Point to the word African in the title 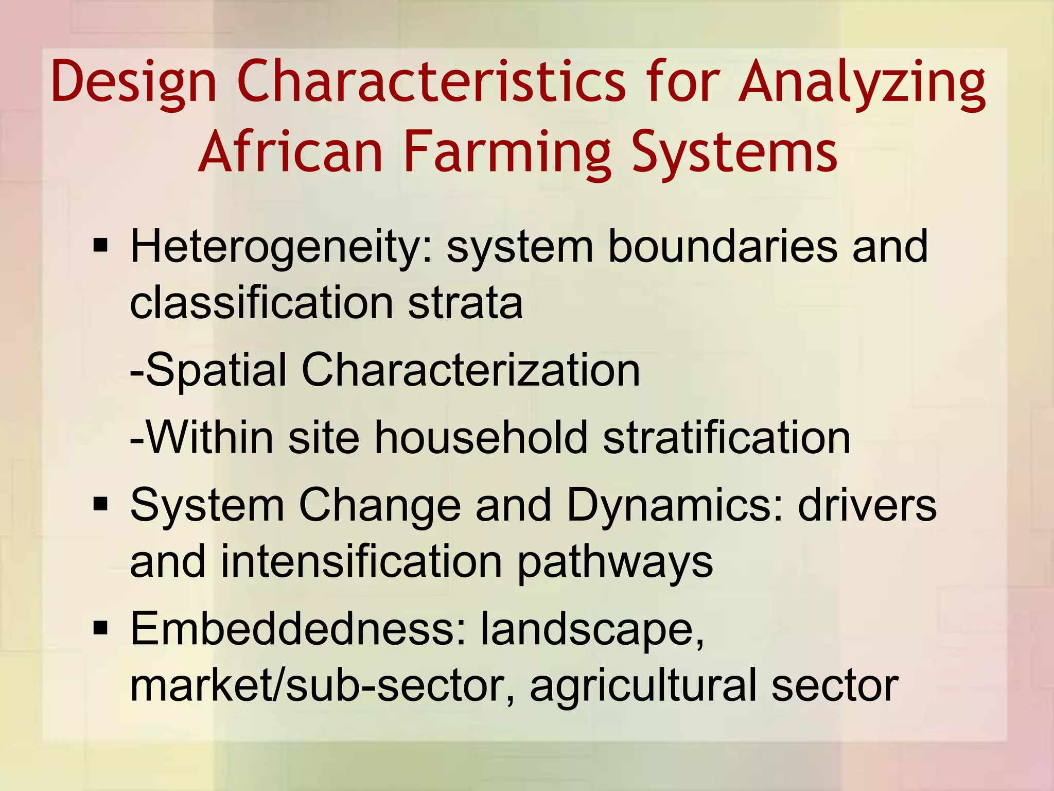291,152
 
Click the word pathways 615,562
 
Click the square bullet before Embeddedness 100,628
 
